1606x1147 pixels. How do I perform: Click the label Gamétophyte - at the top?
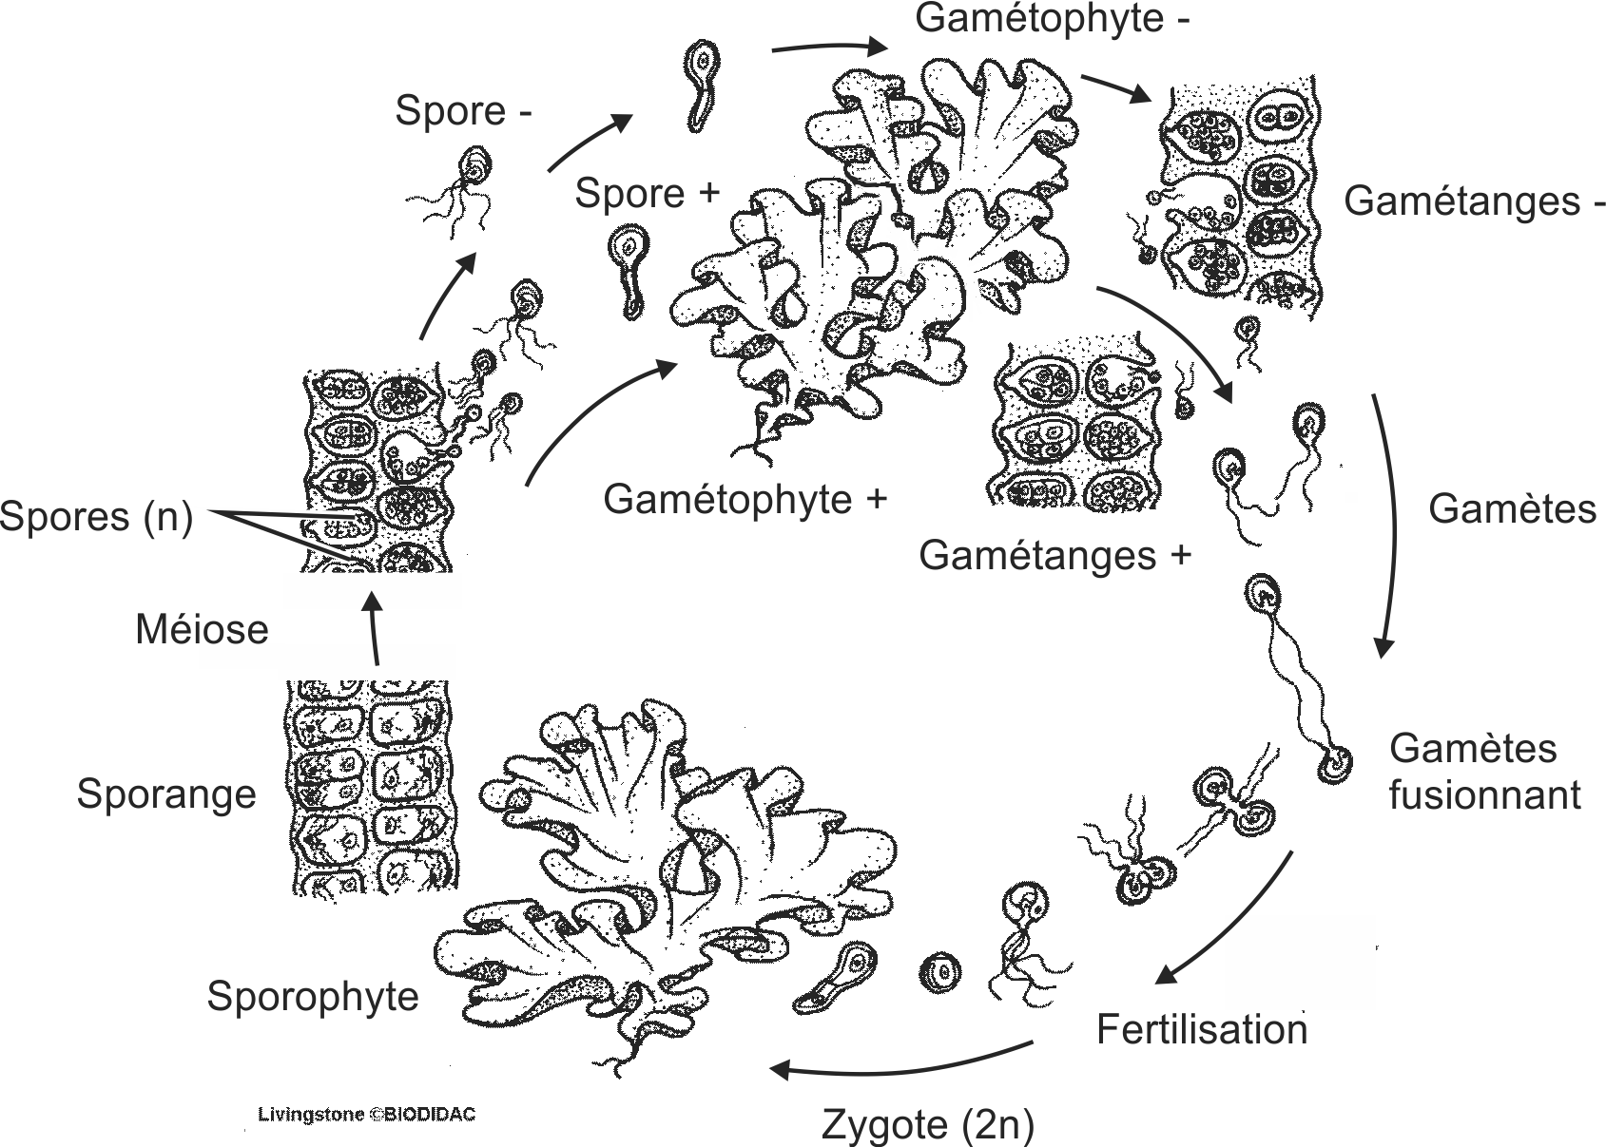tap(1052, 19)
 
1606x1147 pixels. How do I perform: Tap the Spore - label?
tap(463, 111)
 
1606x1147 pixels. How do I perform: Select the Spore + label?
tap(647, 194)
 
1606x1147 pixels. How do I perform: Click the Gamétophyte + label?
tap(745, 500)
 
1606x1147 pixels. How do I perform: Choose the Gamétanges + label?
tap(1055, 555)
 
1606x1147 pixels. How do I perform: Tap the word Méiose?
tap(202, 629)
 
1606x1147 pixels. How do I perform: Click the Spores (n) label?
tap(96, 517)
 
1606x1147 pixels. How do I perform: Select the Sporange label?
tap(166, 794)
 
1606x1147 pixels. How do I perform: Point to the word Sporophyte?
tap(313, 996)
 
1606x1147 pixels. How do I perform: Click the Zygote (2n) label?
tap(927, 1125)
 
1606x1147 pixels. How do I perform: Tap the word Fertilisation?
tap(1201, 1030)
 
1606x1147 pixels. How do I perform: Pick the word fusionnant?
tap(1483, 795)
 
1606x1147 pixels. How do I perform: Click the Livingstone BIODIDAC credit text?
tap(366, 1115)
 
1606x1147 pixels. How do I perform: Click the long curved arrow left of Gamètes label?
tap(1390, 523)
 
